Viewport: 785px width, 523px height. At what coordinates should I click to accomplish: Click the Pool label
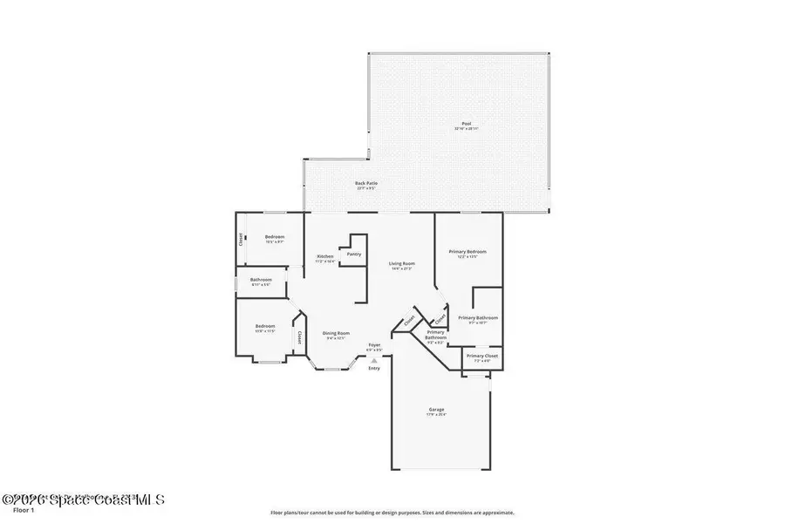466,125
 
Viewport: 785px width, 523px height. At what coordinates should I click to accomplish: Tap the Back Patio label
365,184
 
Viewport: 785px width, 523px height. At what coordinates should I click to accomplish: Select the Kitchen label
325,257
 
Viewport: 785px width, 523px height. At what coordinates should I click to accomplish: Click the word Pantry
354,254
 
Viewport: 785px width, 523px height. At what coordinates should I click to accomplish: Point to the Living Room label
401,264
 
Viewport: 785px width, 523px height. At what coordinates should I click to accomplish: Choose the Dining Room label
337,334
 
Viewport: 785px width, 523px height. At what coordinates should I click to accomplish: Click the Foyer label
373,346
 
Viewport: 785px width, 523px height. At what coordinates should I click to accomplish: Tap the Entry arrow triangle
374,358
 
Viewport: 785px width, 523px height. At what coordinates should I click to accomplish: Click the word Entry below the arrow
374,368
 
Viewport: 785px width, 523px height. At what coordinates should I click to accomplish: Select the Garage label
436,411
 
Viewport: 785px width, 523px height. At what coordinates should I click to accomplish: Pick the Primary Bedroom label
468,253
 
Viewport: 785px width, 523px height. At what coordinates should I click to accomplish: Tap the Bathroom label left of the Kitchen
262,281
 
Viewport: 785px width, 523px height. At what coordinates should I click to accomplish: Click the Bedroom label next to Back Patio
275,238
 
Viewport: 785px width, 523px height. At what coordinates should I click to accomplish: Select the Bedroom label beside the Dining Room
264,328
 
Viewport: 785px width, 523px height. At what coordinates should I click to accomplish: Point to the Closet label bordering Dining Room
299,336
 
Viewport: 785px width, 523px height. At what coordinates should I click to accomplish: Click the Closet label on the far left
241,240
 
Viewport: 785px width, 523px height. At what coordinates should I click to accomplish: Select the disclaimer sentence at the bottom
392,513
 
